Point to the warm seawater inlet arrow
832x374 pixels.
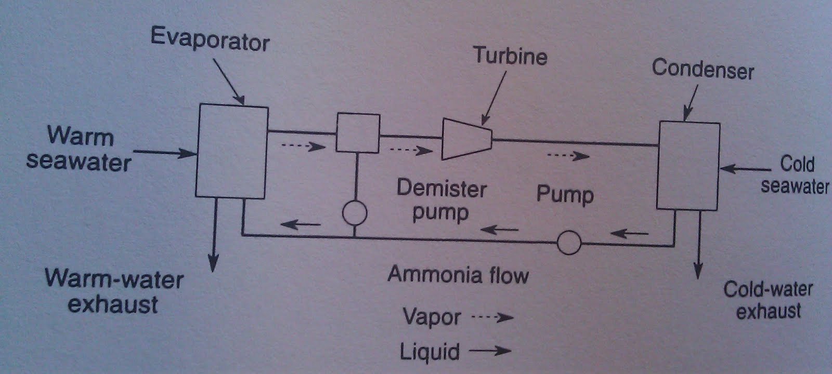(165, 153)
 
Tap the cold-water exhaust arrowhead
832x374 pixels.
(698, 270)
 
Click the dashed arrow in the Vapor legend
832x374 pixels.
(492, 317)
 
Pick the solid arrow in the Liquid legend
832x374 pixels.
(490, 351)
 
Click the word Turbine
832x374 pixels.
(510, 56)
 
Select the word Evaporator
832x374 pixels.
(210, 39)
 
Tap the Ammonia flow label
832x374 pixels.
(458, 275)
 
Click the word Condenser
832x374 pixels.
(703, 69)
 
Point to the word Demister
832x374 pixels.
(441, 188)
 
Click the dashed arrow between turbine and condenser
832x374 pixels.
(569, 156)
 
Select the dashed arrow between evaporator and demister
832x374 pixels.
(304, 146)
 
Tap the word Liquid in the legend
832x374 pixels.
(430, 352)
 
